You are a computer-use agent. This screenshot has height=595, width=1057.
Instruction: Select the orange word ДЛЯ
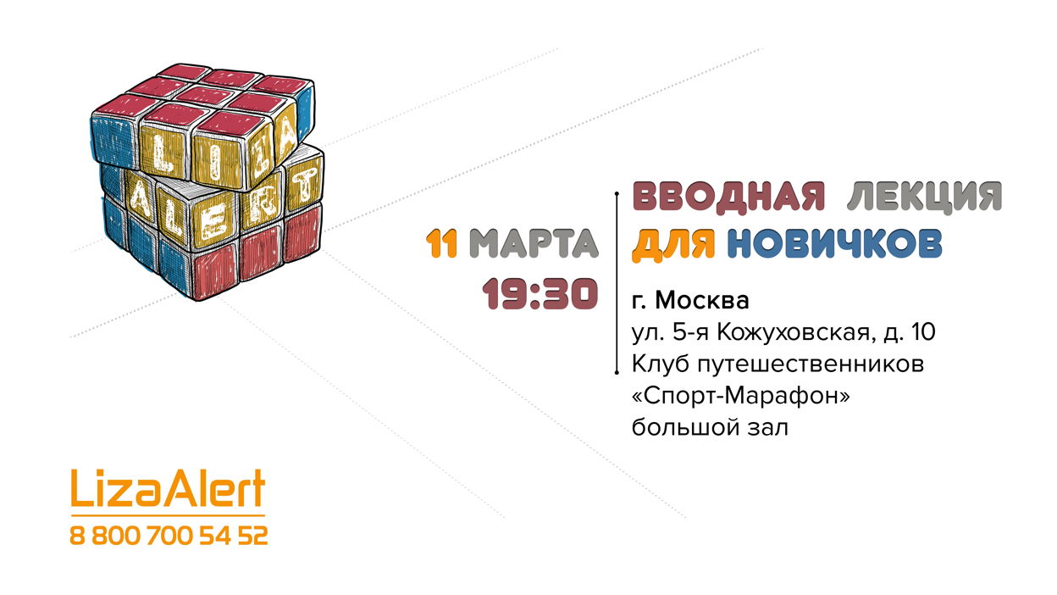673,243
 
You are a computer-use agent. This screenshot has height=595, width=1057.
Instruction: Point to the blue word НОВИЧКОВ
835,243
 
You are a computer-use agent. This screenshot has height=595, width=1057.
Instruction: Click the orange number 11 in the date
441,243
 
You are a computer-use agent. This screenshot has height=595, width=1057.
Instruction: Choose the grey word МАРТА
534,243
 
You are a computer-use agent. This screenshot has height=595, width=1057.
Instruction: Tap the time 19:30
540,294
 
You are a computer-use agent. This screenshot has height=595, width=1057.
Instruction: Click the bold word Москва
702,300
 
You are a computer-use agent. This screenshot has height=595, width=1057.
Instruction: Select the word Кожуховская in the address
794,332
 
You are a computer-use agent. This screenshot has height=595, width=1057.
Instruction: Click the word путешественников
811,364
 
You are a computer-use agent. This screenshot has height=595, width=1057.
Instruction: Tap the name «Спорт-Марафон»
740,396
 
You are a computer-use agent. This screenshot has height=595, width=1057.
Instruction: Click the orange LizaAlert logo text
168,488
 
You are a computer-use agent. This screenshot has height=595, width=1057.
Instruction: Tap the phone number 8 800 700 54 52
169,536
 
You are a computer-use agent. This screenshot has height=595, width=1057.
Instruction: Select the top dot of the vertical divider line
617,193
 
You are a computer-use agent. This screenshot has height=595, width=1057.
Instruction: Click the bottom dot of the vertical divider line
617,373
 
